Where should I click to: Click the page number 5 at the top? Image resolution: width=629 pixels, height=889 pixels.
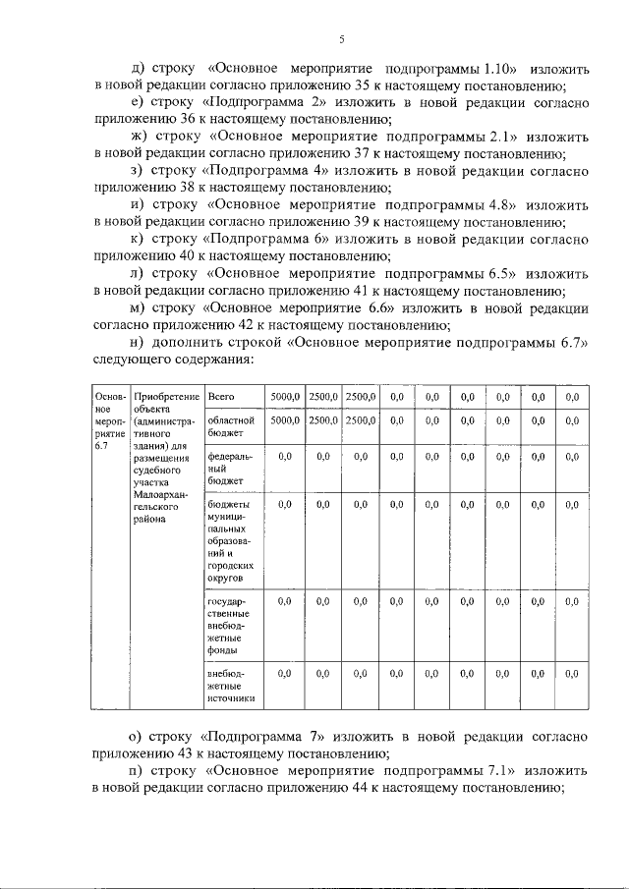(x=341, y=40)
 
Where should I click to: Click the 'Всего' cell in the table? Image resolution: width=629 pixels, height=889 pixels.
(x=220, y=396)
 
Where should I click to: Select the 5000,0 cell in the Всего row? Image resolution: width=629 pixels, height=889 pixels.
(x=285, y=396)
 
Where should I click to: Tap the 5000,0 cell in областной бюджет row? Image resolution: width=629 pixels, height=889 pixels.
(x=285, y=420)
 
